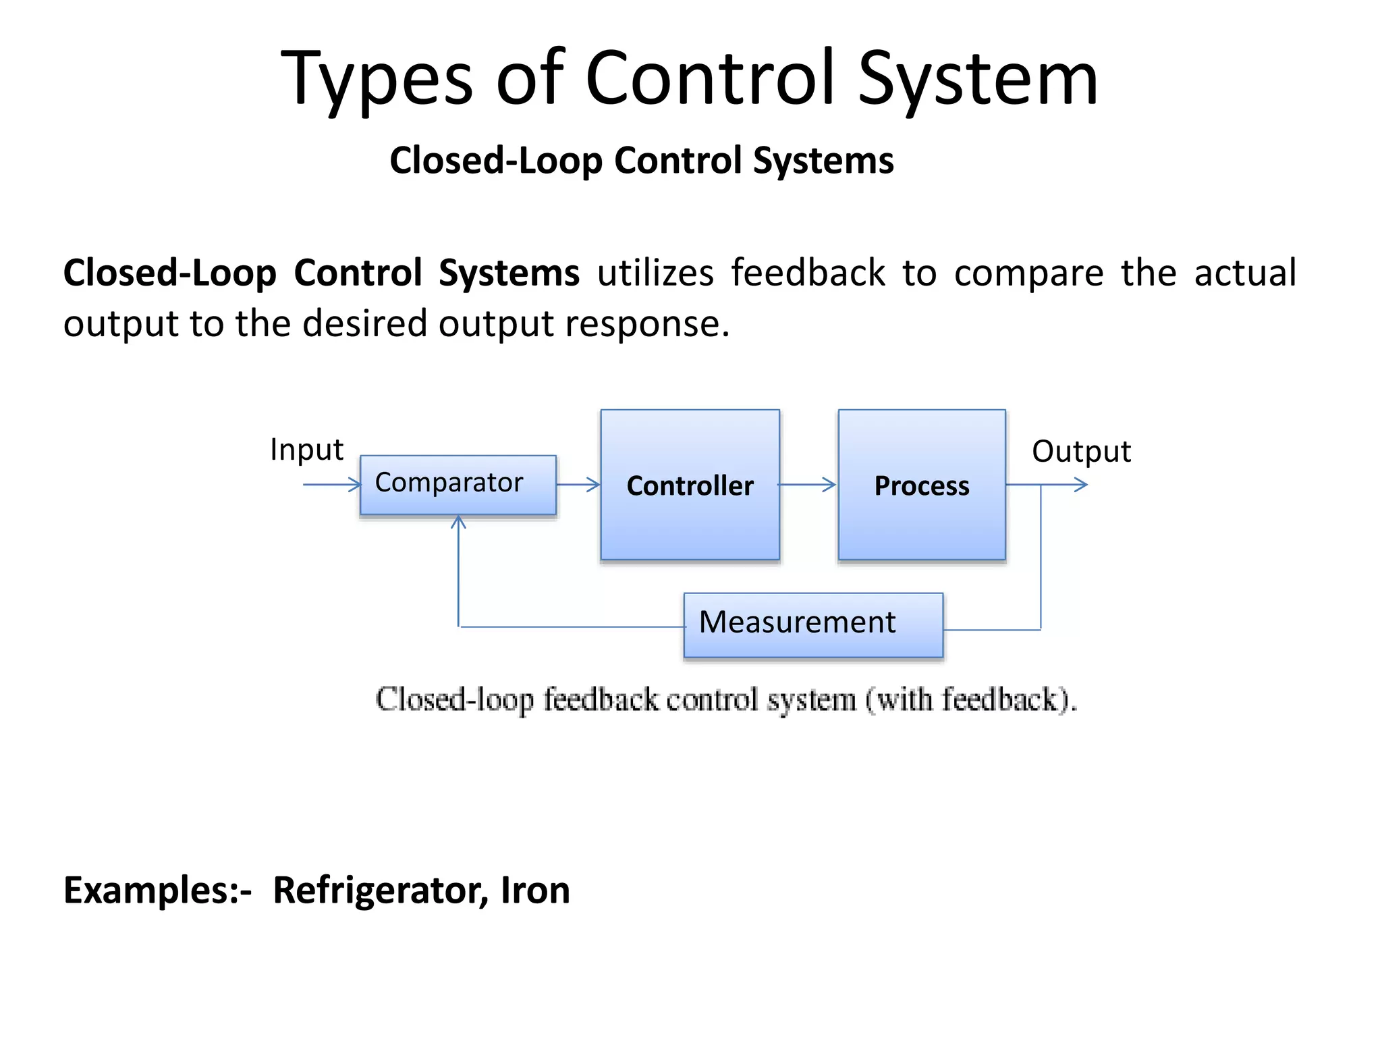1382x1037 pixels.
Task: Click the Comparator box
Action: (458, 484)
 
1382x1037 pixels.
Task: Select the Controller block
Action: (690, 485)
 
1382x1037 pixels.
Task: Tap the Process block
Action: (921, 485)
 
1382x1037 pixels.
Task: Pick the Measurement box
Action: (812, 624)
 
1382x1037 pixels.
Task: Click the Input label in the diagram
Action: (306, 450)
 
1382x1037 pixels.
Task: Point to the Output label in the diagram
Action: (1080, 451)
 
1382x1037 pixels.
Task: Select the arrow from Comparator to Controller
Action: (578, 484)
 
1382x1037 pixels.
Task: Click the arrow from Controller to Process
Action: (807, 484)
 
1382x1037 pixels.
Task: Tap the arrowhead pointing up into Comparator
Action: (458, 522)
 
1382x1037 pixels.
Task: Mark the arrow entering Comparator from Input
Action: (332, 484)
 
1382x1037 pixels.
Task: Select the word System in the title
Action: (978, 80)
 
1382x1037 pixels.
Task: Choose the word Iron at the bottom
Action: (535, 890)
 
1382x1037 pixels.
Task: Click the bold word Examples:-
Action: (157, 890)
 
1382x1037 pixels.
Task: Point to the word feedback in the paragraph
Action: (808, 273)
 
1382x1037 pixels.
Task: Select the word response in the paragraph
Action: (646, 324)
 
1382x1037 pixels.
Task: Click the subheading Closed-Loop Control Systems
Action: (641, 161)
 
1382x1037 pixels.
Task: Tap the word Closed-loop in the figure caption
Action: (454, 699)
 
